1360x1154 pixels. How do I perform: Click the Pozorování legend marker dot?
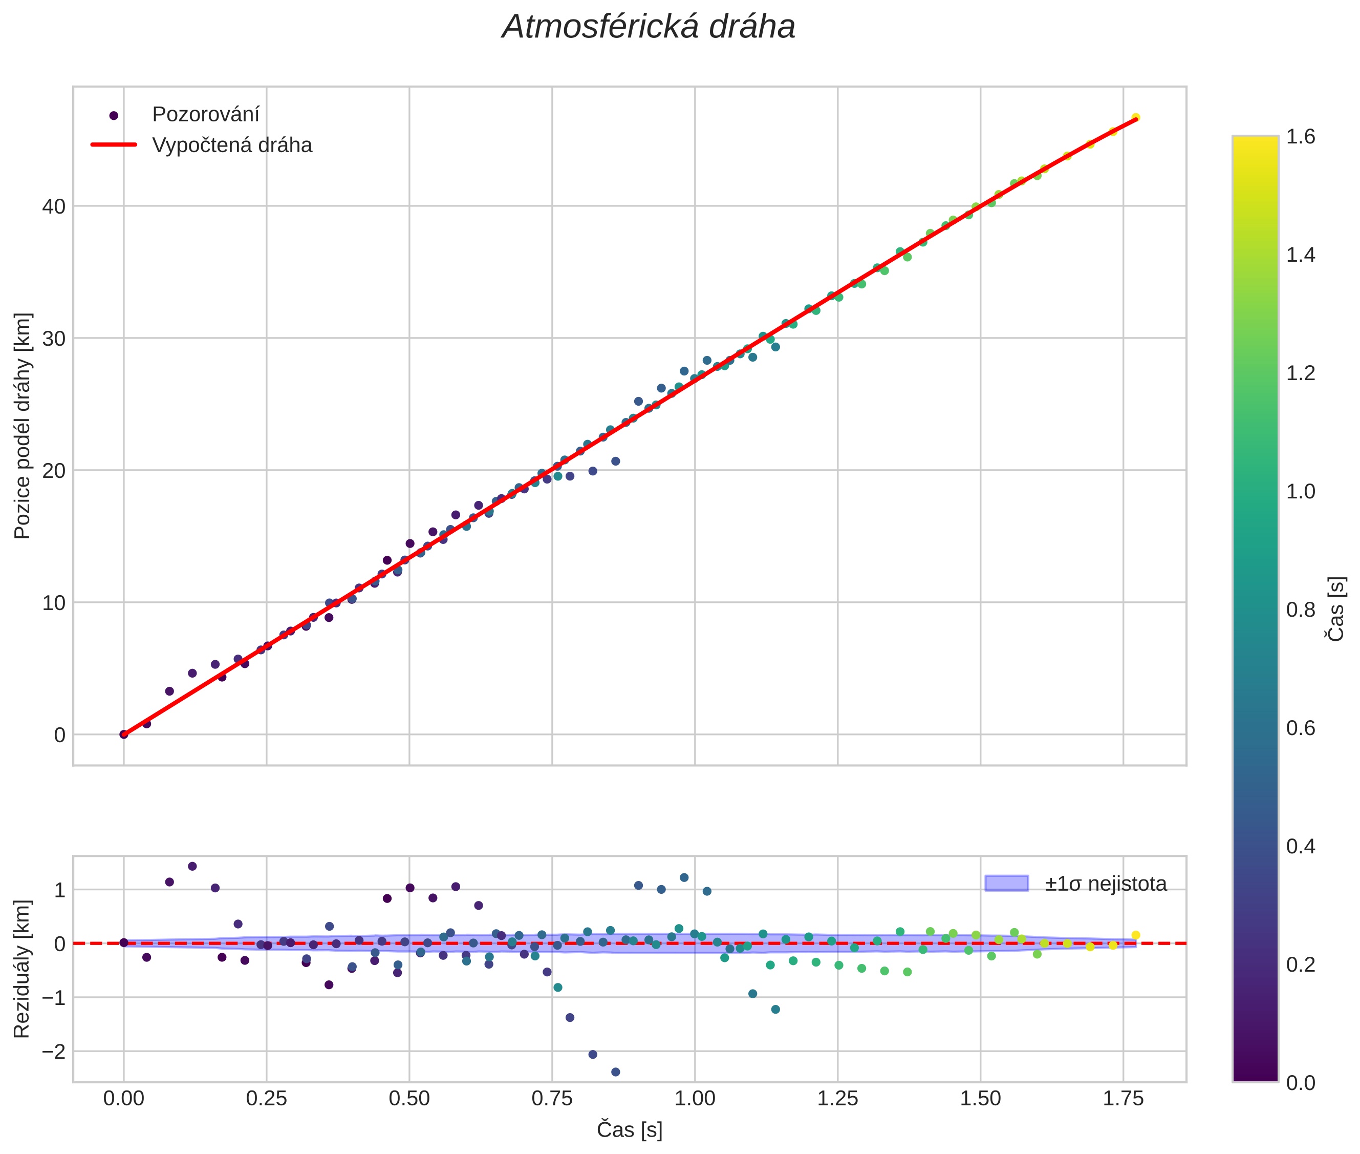click(x=114, y=116)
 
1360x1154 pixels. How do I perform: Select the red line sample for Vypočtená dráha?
click(x=114, y=144)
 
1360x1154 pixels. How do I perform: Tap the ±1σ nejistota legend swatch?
click(x=1006, y=883)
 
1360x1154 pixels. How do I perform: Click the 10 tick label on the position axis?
click(x=54, y=602)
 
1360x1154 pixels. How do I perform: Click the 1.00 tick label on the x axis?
click(x=695, y=1099)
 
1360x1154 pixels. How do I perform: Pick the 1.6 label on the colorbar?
click(x=1301, y=137)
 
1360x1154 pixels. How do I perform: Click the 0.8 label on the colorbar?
click(x=1301, y=610)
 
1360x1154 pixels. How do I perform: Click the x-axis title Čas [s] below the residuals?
click(x=629, y=1130)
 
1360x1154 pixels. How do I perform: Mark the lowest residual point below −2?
click(x=615, y=1072)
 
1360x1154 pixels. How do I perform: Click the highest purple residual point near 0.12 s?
click(x=192, y=866)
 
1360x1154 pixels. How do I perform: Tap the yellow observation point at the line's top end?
click(x=1135, y=118)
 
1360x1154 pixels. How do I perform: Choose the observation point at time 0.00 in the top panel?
click(x=123, y=734)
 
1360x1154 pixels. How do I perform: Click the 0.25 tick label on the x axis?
click(x=266, y=1099)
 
